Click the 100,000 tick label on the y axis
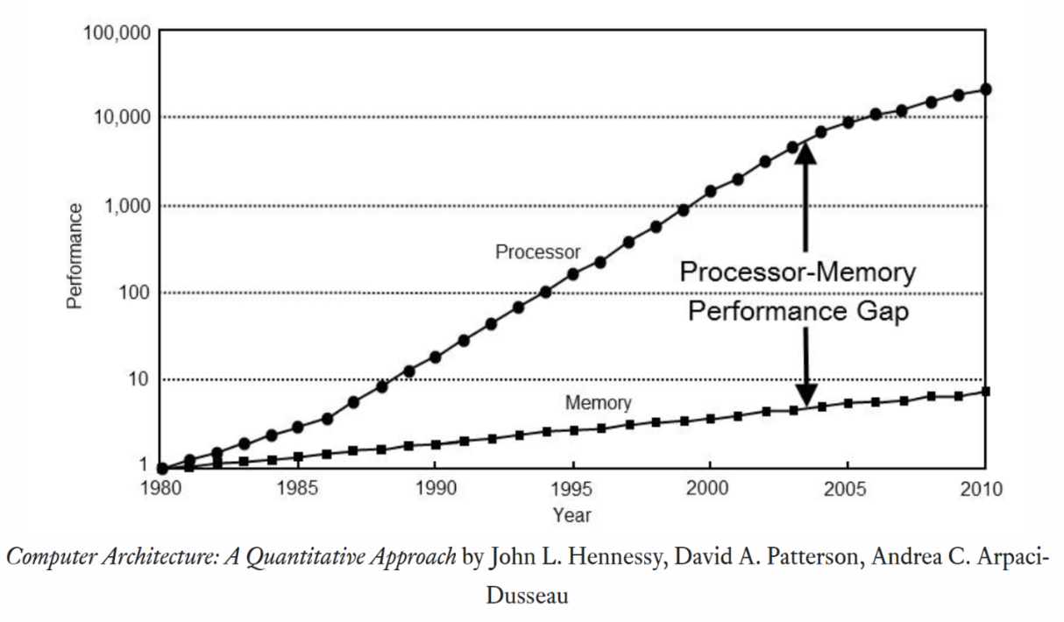tap(117, 33)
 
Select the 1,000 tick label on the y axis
tap(125, 206)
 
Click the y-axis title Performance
tap(75, 256)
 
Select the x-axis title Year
tap(571, 514)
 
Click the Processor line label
tap(537, 252)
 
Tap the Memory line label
tap(598, 403)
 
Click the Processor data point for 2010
tap(986, 89)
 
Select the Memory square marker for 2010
tap(986, 391)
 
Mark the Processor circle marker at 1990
tap(436, 357)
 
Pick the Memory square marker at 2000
tap(710, 419)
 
